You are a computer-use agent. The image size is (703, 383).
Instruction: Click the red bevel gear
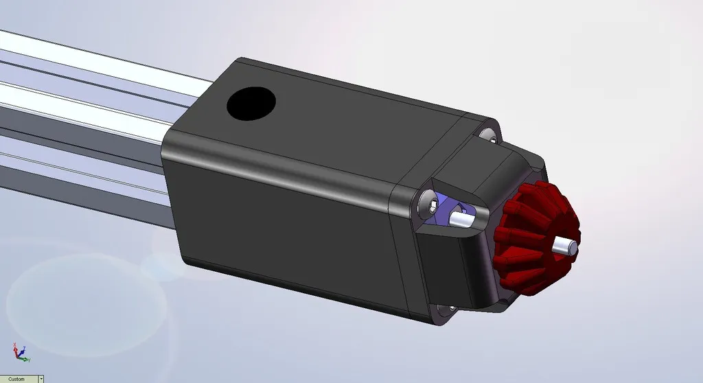(532, 233)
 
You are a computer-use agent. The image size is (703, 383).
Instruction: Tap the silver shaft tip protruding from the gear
(566, 245)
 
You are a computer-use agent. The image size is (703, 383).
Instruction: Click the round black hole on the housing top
(251, 103)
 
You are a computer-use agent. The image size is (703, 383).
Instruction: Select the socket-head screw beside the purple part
(431, 204)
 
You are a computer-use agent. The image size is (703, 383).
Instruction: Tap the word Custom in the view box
(16, 378)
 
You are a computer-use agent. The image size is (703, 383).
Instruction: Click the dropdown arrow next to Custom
(41, 378)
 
